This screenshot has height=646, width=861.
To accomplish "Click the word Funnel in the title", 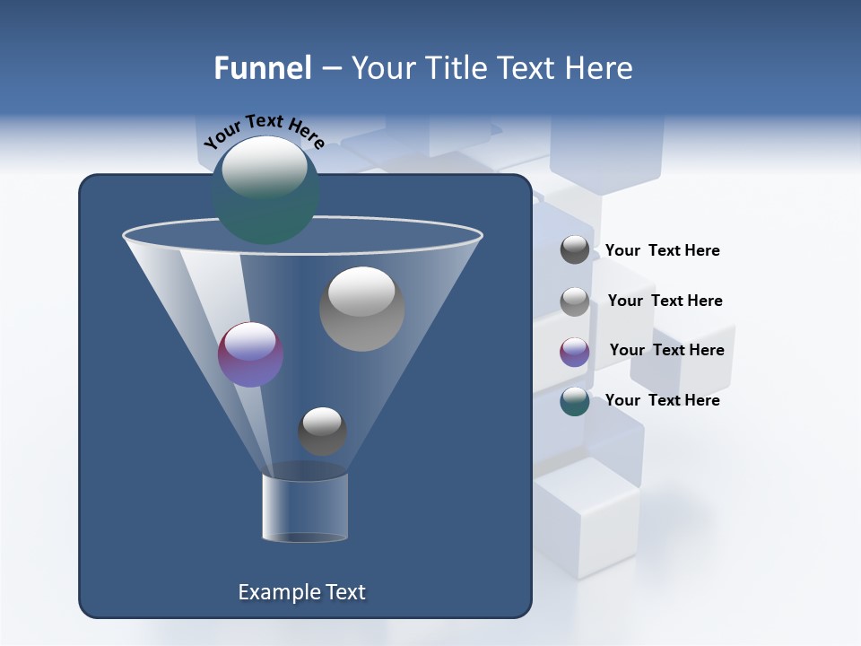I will pos(263,68).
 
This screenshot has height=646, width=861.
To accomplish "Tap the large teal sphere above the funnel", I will pos(265,190).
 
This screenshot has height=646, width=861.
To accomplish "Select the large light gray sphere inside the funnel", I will pos(361,309).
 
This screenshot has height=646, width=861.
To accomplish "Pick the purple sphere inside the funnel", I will pos(251,354).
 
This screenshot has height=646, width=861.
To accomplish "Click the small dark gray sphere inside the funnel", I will pos(322,431).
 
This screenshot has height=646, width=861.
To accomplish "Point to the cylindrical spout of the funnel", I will pos(305,508).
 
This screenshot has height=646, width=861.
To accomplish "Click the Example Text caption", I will pos(301,592).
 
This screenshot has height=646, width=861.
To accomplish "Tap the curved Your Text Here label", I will pos(264,131).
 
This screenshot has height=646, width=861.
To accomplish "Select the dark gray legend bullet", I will pos(575,249).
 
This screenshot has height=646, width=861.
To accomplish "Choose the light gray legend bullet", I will pos(575,301).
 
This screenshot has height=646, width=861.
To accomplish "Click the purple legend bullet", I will pos(575,352).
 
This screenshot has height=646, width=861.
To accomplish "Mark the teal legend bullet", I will pos(575,401).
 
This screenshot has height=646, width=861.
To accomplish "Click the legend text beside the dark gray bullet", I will pos(662,251).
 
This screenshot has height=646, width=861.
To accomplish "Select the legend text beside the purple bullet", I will pos(666,351).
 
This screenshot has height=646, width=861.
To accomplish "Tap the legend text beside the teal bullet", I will pos(662,400).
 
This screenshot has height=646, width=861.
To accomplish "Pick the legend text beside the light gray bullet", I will pos(665,301).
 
